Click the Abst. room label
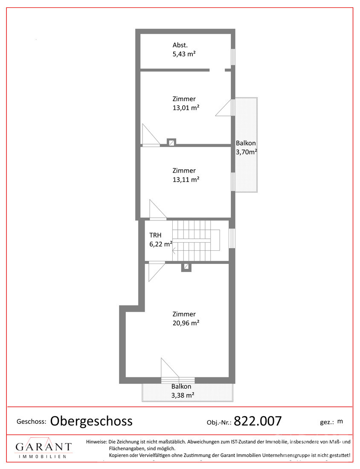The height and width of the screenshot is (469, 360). (x=180, y=45)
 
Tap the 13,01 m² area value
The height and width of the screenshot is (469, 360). (x=186, y=108)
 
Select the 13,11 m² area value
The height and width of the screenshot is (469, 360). (x=186, y=179)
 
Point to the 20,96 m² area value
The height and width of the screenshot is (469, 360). (x=186, y=323)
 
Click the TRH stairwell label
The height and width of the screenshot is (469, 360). (x=155, y=235)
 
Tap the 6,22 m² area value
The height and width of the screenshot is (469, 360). (x=161, y=244)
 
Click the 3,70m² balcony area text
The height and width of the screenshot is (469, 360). (x=247, y=152)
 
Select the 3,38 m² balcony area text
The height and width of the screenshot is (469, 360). (x=183, y=395)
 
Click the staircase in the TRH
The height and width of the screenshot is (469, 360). (x=196, y=241)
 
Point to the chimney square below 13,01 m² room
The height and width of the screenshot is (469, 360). (x=171, y=143)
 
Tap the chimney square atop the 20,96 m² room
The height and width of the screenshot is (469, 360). (x=186, y=267)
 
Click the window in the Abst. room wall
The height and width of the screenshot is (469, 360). (x=233, y=57)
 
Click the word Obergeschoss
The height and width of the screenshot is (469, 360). (x=91, y=421)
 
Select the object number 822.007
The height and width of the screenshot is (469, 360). (x=258, y=421)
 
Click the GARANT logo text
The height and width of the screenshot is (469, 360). (x=44, y=447)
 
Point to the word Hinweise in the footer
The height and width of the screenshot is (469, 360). (x=96, y=442)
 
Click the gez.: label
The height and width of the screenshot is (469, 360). (x=327, y=423)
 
